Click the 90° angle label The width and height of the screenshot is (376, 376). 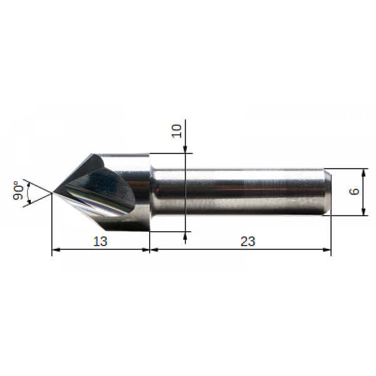pos(18,191)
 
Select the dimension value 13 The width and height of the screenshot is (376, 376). pos(100,241)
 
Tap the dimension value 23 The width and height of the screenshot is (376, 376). pos(248,241)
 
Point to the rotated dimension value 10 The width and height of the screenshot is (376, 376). pos(177,131)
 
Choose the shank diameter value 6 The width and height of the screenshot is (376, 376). pos(354,191)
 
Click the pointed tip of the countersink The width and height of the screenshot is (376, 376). pos(53,192)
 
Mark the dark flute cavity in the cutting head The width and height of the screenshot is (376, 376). pos(105,189)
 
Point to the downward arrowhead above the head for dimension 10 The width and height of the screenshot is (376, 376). pos(185,149)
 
